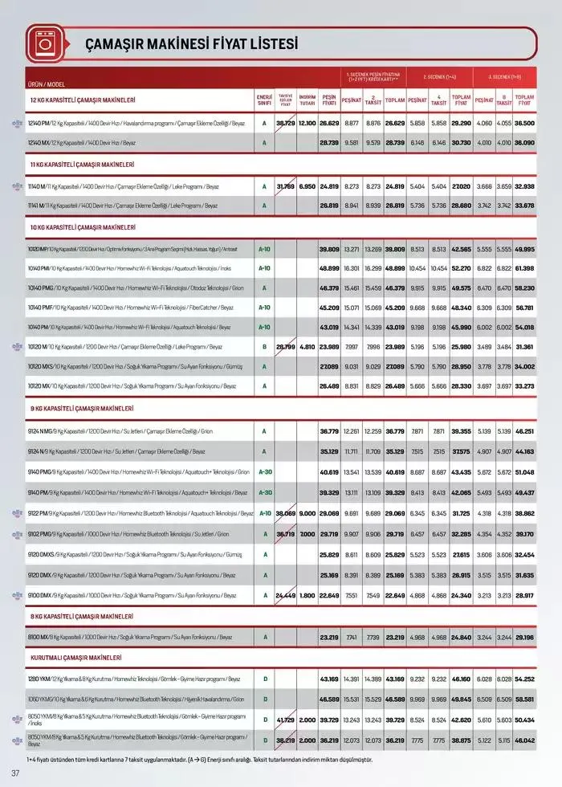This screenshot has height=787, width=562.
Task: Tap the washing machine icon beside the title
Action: [41, 43]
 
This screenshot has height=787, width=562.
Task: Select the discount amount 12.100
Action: [307, 123]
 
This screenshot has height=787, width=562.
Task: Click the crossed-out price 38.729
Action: [285, 123]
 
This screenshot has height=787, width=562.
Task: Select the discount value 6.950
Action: [307, 186]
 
